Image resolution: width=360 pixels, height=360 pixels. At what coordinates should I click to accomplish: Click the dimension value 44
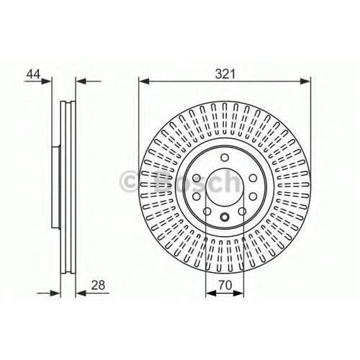33,74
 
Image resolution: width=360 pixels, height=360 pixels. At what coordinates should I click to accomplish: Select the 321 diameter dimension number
225,74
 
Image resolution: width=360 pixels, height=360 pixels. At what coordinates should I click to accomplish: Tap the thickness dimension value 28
98,285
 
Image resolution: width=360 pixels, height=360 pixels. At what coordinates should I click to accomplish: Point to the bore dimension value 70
225,285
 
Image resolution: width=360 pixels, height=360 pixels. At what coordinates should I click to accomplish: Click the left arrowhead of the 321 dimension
144,81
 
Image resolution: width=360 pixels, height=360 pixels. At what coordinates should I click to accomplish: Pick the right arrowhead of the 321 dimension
305,81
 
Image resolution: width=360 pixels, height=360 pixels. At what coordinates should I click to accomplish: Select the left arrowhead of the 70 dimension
211,293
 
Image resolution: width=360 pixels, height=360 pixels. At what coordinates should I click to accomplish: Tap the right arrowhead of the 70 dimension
238,293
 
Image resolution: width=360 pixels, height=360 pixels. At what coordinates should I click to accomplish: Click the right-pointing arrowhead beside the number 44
47,81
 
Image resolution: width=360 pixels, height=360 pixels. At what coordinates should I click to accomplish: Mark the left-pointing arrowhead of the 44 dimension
81,81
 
